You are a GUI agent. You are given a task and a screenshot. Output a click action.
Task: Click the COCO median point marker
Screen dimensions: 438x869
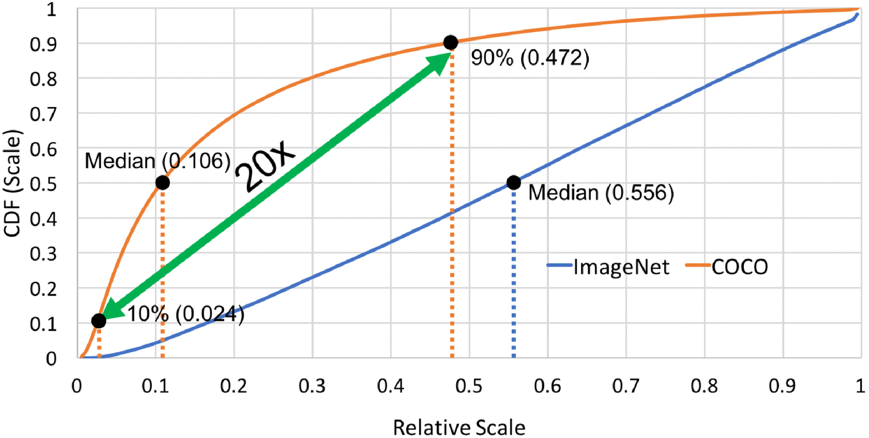[x=162, y=182]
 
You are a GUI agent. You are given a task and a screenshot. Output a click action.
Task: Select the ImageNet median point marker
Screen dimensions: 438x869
[x=514, y=182]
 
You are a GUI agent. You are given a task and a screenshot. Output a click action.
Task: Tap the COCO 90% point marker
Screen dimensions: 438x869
[x=451, y=42]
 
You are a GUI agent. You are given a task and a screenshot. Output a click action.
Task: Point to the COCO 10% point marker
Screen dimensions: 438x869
[x=99, y=321]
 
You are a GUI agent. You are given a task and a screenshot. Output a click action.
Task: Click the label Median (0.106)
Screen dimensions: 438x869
[x=157, y=161]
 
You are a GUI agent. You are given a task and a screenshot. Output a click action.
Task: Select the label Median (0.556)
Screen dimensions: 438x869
[x=601, y=193]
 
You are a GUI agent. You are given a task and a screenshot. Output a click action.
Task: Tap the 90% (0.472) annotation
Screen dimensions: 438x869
[x=530, y=58]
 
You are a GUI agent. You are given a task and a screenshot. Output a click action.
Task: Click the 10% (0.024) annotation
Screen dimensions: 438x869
[x=186, y=314]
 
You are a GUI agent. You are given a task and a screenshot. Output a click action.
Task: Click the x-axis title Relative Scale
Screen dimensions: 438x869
[x=459, y=428]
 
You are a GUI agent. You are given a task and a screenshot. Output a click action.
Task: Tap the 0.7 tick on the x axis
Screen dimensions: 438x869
[x=626, y=386]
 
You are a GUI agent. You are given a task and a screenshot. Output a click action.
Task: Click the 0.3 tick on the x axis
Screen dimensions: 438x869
[x=312, y=386]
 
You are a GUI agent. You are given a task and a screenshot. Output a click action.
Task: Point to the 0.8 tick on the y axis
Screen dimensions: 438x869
[x=43, y=78]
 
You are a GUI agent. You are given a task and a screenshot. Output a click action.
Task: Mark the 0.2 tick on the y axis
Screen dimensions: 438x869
[x=43, y=289]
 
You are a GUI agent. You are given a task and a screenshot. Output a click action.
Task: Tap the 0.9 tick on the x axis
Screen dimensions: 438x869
[x=783, y=386]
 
